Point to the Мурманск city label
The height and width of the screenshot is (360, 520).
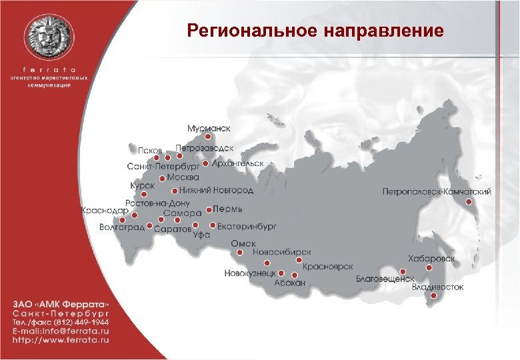pyautogui.click(x=209, y=127)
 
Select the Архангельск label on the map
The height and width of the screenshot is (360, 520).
pyautogui.click(x=237, y=163)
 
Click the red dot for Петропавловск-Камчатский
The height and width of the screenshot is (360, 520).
pyautogui.click(x=469, y=201)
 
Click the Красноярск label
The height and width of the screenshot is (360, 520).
pyautogui.click(x=327, y=266)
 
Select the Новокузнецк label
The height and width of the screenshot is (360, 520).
pyautogui.click(x=250, y=273)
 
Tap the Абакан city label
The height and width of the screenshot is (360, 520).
pyautogui.click(x=289, y=283)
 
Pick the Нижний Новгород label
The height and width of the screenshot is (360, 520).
pyautogui.click(x=216, y=190)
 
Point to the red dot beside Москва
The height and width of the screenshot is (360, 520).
pyautogui.click(x=163, y=178)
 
